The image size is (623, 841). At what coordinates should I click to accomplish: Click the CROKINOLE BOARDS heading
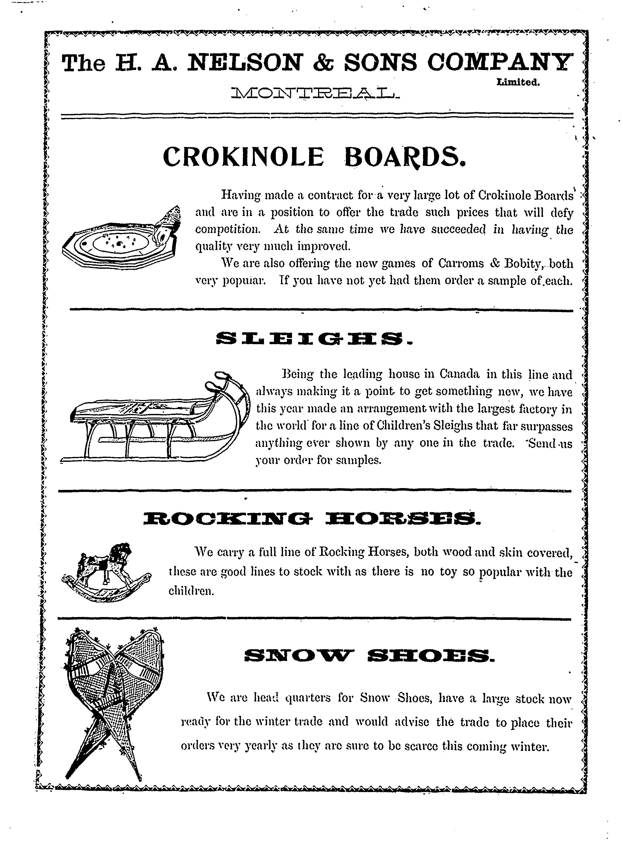pyautogui.click(x=314, y=157)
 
